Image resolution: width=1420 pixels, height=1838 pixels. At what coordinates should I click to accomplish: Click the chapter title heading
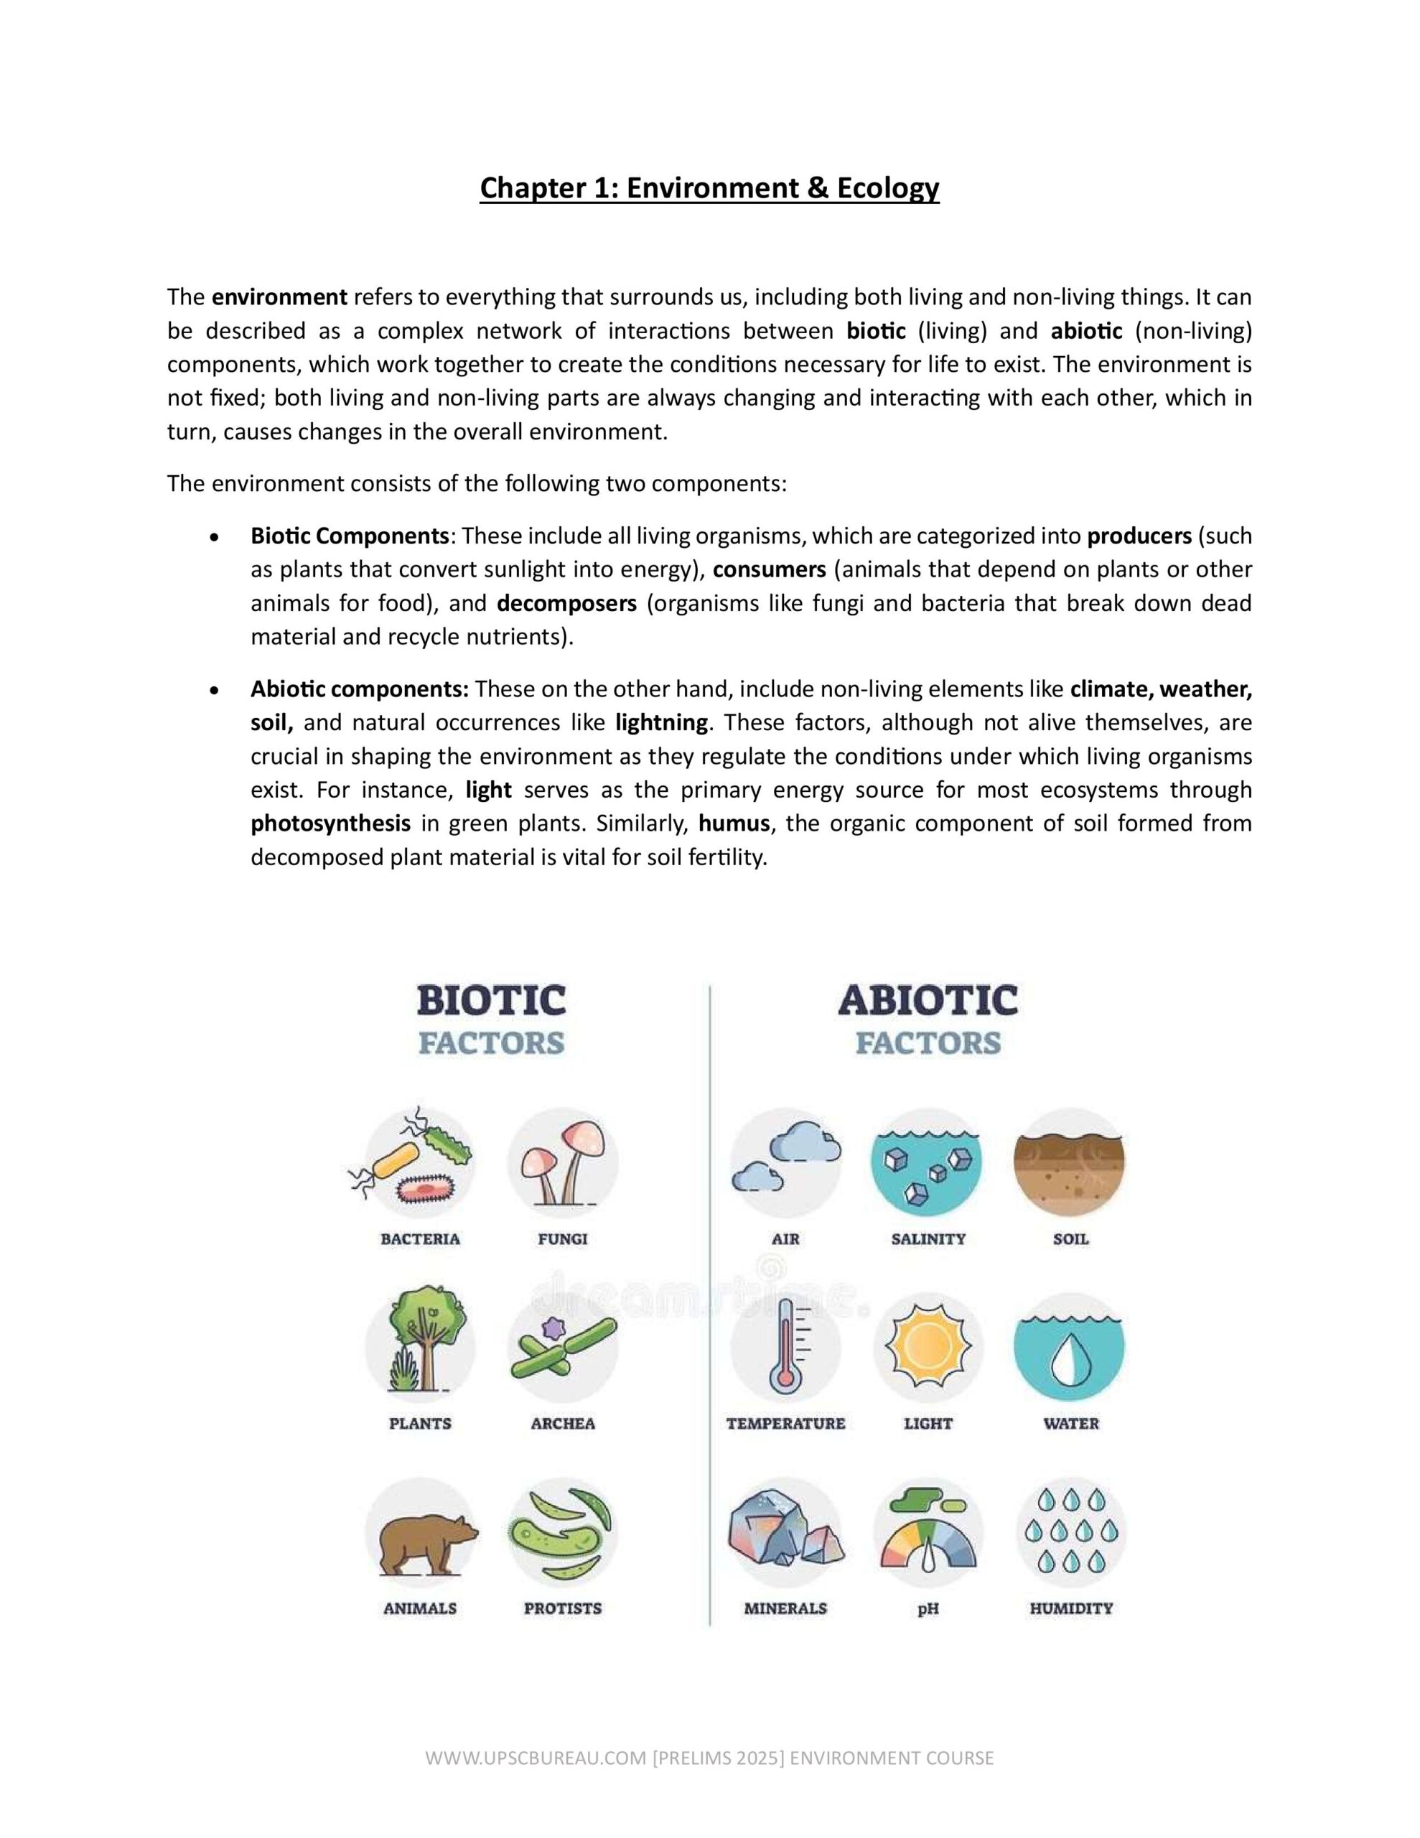tap(709, 187)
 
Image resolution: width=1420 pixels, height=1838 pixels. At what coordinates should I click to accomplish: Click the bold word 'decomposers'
tap(566, 603)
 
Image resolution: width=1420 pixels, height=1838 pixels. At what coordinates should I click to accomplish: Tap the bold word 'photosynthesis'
tap(331, 823)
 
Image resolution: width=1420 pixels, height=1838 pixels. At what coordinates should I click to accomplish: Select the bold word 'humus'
tap(734, 823)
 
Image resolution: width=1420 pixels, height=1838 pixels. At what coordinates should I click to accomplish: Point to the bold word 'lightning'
tap(662, 722)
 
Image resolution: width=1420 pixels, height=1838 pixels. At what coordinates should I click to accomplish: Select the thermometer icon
tap(785, 1348)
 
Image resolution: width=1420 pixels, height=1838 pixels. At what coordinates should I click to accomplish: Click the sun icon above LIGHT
tap(928, 1348)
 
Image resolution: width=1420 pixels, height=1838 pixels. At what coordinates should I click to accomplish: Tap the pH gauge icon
tap(928, 1535)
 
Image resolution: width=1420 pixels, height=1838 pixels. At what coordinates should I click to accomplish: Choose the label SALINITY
tap(928, 1238)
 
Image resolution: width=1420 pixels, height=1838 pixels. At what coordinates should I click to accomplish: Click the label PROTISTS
tap(562, 1608)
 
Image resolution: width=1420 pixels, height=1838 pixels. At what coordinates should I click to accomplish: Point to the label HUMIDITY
tap(1070, 1608)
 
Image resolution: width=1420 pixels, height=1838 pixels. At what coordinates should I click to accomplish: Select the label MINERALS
tap(785, 1608)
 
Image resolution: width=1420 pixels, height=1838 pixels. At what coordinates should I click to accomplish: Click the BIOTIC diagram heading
tap(492, 1002)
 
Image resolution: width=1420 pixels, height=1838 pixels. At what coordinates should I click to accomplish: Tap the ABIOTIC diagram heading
tap(928, 1002)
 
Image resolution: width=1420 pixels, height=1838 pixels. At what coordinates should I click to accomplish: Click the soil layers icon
tap(1070, 1162)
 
